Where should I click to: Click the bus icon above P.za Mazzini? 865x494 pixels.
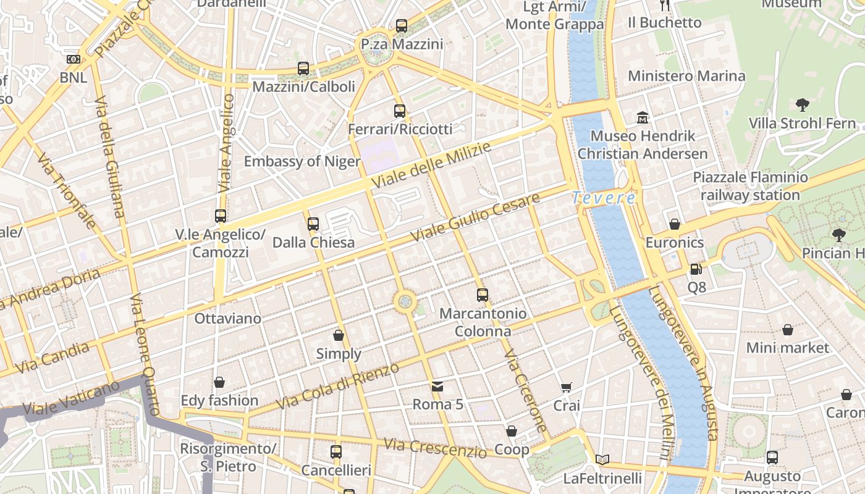[x=402, y=26]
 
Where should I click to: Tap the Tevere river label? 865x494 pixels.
[x=603, y=198]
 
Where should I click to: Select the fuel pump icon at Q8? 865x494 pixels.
[x=696, y=269]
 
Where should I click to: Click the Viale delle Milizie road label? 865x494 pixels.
[x=432, y=166]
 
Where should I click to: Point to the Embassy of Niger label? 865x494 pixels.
[x=302, y=161]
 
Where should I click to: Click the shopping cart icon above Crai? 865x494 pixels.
[x=567, y=387]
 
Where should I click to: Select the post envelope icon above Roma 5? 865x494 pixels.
[x=437, y=387]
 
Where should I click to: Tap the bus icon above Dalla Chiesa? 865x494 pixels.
[x=313, y=224]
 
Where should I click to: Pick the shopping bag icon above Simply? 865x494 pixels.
[x=339, y=335]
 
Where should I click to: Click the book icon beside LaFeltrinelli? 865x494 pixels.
[x=602, y=459]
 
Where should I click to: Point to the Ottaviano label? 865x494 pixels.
[x=227, y=319]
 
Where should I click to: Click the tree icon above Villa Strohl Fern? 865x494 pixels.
[x=803, y=104]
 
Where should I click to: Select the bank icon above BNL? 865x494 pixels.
[x=73, y=59]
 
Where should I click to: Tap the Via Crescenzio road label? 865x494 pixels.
[x=435, y=448]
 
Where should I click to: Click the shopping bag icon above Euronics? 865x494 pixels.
[x=675, y=224]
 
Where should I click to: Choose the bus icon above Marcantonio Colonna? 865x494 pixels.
[x=483, y=295]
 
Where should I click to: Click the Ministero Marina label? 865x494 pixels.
[x=686, y=76]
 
